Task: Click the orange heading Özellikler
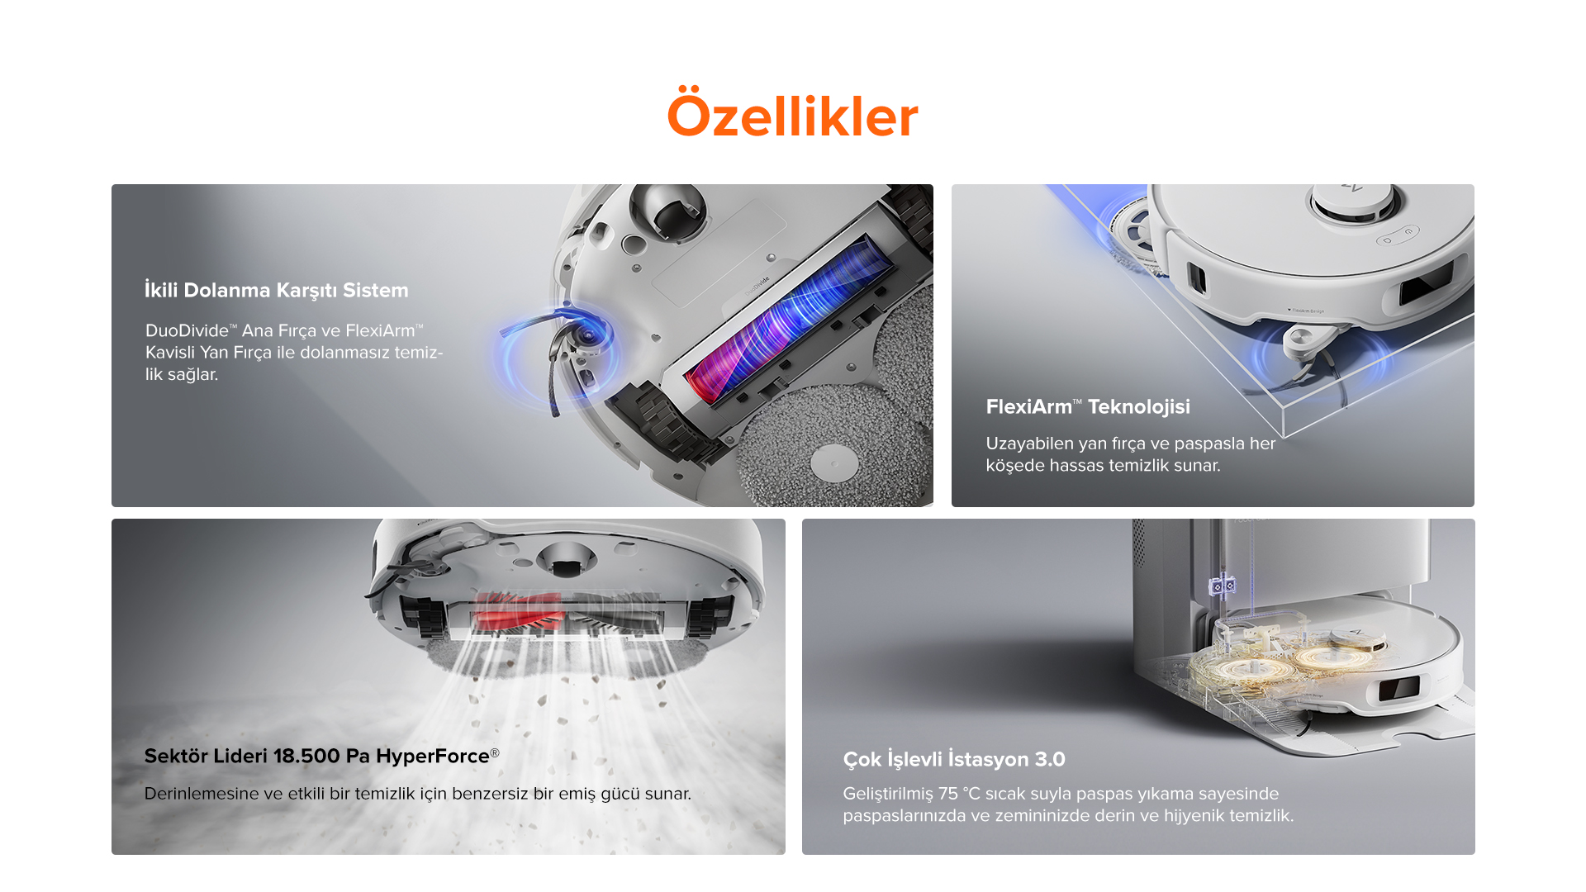pyautogui.click(x=792, y=115)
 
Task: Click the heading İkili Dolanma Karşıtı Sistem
pyautogui.click(x=276, y=290)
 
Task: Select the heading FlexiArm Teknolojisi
pyautogui.click(x=1088, y=406)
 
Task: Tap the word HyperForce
pyautogui.click(x=433, y=757)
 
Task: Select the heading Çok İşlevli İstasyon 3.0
pyautogui.click(x=954, y=759)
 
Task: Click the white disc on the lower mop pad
pyautogui.click(x=834, y=463)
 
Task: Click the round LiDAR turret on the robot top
pyautogui.click(x=1353, y=201)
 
